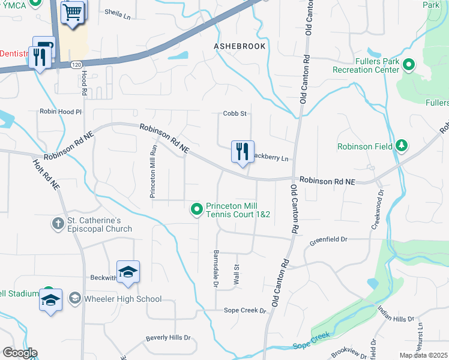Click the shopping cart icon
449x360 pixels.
coord(73,11)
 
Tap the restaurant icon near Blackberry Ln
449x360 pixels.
coord(243,151)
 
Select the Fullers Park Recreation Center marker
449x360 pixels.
coord(409,65)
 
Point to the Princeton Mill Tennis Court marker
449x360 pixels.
coord(196,209)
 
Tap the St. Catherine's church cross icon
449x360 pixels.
coord(58,224)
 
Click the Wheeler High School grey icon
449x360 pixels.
coord(74,298)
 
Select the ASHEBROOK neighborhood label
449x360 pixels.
coord(240,46)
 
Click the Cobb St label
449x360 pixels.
coord(235,113)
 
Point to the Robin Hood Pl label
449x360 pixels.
coord(60,112)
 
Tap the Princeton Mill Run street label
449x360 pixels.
coord(153,171)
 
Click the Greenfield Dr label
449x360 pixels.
coord(328,240)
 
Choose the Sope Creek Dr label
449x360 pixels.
coord(244,310)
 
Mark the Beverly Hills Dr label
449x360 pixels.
coord(167,338)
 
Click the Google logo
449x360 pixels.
coord(20,353)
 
